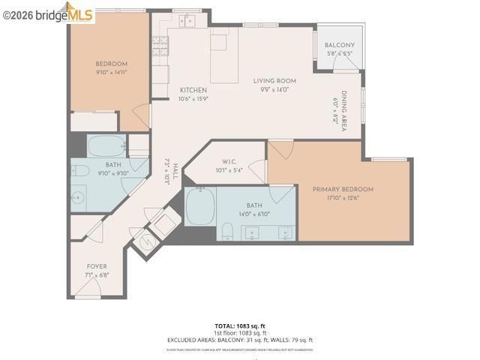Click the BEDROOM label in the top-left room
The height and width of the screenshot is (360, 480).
click(x=111, y=64)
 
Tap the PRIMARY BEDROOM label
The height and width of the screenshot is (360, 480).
click(x=343, y=190)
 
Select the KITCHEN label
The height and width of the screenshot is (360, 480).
click(x=193, y=90)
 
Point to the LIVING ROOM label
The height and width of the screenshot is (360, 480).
click(x=274, y=81)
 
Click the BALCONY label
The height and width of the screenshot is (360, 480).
click(x=340, y=46)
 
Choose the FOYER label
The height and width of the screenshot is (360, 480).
click(x=97, y=266)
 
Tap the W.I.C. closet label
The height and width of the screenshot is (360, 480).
click(x=229, y=161)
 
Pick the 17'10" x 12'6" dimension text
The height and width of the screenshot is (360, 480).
click(x=343, y=198)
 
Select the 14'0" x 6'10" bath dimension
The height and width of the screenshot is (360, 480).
click(x=253, y=214)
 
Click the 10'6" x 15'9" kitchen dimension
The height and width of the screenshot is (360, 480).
click(x=193, y=98)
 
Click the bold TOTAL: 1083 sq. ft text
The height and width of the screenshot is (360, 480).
click(x=239, y=326)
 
